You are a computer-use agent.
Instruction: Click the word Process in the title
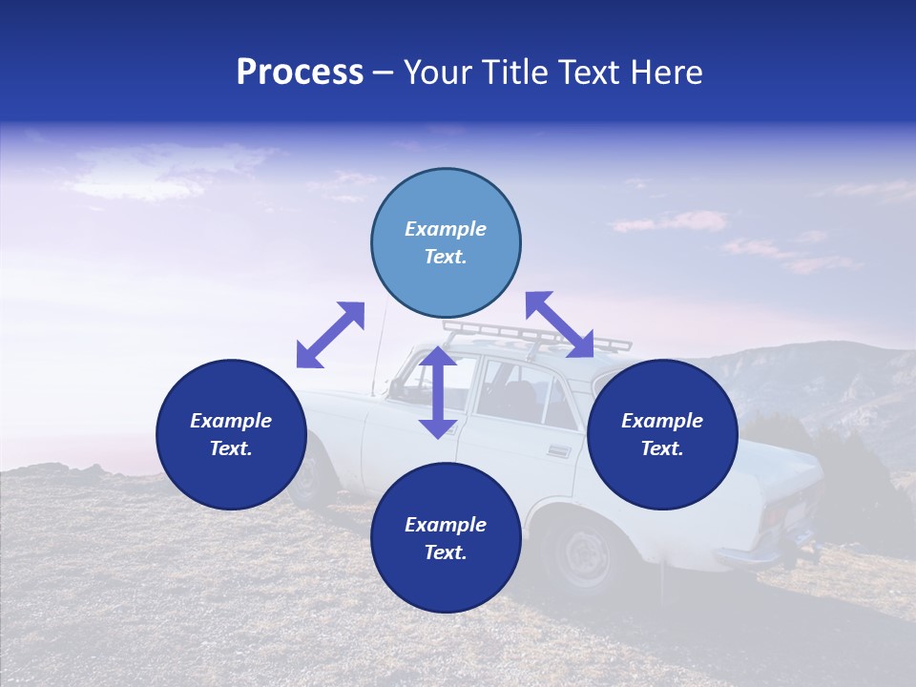[300, 73]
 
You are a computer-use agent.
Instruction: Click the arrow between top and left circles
[330, 335]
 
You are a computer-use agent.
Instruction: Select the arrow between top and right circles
[559, 324]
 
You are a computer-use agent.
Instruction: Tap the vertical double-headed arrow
[438, 392]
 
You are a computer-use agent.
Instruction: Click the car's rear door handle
[560, 451]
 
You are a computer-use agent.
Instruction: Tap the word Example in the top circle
[446, 229]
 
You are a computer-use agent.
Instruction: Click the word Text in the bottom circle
[446, 552]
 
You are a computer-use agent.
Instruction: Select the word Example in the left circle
[231, 421]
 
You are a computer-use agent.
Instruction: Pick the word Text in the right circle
[662, 448]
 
